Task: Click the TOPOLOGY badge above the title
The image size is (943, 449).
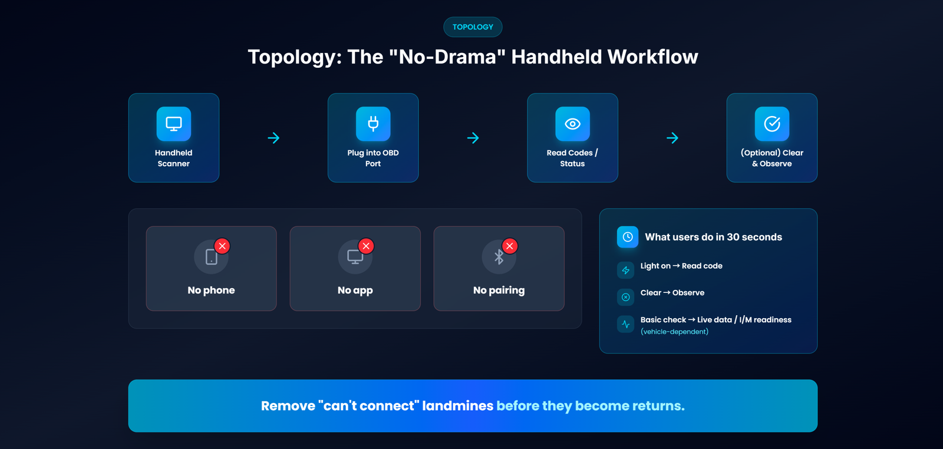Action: [473, 27]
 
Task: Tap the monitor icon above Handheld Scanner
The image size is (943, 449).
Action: [173, 124]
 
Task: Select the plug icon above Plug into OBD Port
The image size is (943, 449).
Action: [373, 124]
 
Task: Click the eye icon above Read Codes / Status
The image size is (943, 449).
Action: [572, 124]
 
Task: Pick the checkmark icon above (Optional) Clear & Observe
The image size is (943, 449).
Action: [772, 124]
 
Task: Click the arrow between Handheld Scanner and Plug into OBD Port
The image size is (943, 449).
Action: [273, 138]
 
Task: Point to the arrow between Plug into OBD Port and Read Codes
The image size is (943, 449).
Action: [473, 138]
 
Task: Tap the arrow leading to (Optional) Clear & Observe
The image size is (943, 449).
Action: [672, 138]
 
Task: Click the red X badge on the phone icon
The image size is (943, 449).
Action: [222, 246]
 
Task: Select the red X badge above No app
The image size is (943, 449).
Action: [366, 246]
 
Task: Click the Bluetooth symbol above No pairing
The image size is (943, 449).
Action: [499, 257]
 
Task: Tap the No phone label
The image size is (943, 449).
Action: [212, 290]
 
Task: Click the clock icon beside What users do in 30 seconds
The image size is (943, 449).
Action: [628, 237]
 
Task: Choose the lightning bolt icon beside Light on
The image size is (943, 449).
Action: [625, 270]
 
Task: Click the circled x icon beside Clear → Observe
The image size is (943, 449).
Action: [625, 297]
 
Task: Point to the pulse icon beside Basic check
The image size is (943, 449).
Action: [625, 324]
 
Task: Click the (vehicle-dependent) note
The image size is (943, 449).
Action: [674, 332]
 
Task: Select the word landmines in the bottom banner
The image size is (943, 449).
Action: [457, 405]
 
